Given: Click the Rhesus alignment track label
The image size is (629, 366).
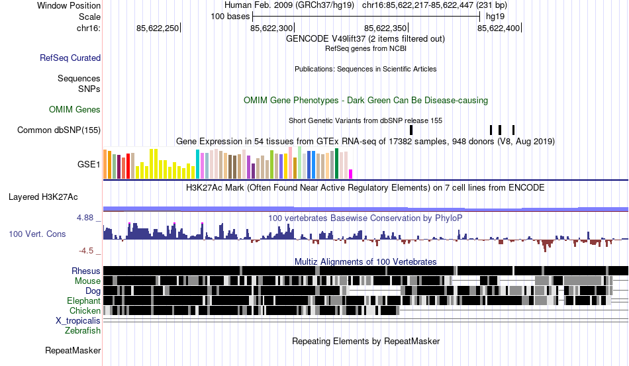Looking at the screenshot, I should point(86,271).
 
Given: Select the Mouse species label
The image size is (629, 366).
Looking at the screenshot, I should point(87,281).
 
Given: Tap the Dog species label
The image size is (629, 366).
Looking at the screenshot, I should point(93,291).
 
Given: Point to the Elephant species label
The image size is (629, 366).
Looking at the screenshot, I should point(83,300).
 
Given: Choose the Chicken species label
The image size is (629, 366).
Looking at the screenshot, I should point(85,310).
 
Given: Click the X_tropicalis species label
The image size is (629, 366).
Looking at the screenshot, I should point(78,320).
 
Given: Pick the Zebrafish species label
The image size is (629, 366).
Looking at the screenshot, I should point(83,330).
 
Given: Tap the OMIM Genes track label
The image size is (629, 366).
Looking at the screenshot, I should point(75,109).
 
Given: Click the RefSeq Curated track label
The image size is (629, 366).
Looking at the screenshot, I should point(70,58).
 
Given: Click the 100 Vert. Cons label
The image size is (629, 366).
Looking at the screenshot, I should point(37,234).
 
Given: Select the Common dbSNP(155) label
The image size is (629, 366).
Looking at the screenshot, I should point(59,130).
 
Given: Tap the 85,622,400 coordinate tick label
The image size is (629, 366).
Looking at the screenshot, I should point(499,28).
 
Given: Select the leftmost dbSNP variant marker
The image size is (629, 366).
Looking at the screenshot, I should point(411,130).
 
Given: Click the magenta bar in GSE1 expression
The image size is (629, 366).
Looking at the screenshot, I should point(351,174).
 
